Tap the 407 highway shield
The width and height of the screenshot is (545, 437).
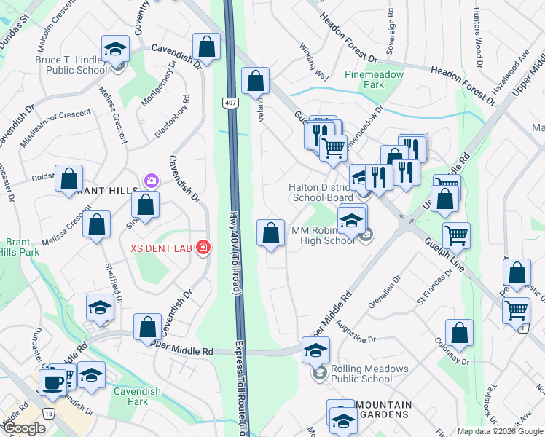(x=230, y=104)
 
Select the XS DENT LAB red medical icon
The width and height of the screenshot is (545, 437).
(x=202, y=248)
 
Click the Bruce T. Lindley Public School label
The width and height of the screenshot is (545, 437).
(x=77, y=66)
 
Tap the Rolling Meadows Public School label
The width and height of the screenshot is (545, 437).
(x=361, y=374)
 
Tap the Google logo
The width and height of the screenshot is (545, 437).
(x=24, y=428)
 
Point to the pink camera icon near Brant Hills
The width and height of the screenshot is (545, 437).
(x=152, y=179)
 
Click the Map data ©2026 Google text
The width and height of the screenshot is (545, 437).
(x=500, y=430)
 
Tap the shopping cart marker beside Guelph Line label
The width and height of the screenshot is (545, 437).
(x=456, y=235)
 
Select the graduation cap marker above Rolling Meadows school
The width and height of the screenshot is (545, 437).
(x=316, y=350)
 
